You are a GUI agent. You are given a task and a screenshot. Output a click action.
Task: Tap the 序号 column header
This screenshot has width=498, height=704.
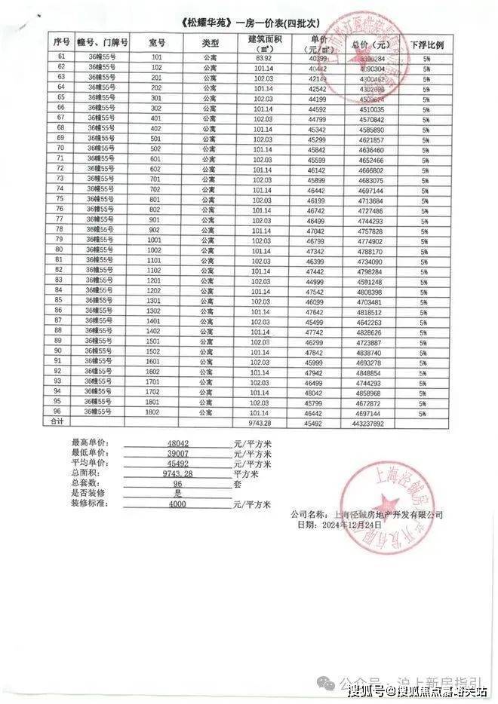[x=60, y=42]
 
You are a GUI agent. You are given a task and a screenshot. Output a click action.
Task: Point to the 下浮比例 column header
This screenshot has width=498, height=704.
[x=426, y=44]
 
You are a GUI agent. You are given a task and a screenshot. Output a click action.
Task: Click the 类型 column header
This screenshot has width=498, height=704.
[x=210, y=42]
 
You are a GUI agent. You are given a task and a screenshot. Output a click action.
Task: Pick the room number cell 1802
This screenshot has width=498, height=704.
[x=154, y=413]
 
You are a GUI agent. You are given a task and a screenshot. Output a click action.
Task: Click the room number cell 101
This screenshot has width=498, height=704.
[x=156, y=57]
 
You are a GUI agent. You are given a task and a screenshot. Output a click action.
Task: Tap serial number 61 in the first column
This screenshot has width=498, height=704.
[x=60, y=57]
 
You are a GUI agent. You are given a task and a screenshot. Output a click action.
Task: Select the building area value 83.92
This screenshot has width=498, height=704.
[x=263, y=57]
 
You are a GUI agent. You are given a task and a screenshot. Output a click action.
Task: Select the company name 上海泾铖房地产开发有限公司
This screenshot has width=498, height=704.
[x=392, y=514]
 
